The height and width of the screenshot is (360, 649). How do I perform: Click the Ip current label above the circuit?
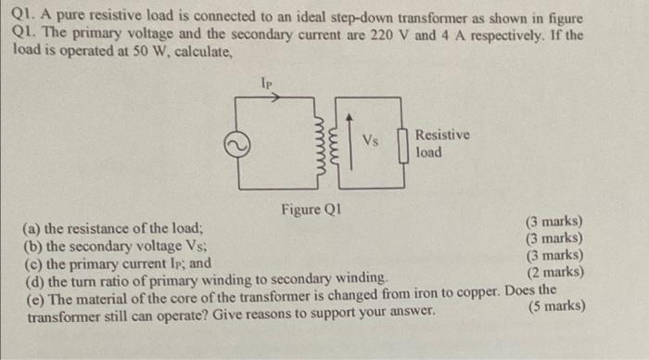pos(269,83)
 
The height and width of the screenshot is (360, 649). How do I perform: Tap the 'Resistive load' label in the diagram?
pos(441,143)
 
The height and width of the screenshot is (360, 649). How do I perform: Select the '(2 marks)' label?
pos(554,272)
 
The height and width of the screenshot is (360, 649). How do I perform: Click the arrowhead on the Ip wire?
pos(274,96)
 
